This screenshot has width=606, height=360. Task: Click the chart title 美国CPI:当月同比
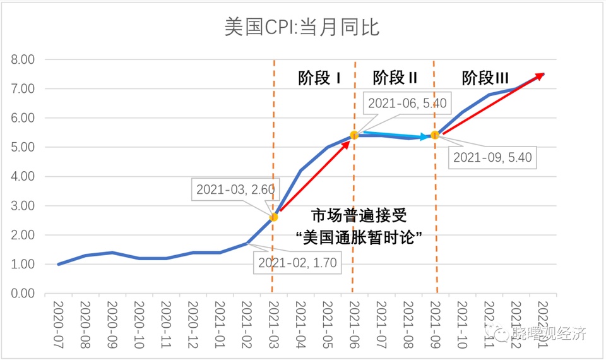point(302,27)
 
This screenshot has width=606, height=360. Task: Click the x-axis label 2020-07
point(58,321)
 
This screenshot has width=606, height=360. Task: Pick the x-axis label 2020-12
point(193,321)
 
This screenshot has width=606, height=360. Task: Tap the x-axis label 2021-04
point(300,321)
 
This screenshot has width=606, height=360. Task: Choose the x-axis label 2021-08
point(408,321)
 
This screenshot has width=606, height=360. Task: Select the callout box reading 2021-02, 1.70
point(297,262)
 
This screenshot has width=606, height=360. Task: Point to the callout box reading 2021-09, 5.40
point(493,157)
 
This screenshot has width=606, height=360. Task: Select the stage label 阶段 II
point(395,78)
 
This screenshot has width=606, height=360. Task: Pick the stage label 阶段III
point(485,78)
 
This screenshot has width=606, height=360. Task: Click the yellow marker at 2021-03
point(274,217)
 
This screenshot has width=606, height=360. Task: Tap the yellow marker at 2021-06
point(354,135)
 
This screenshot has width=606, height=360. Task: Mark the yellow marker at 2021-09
point(435,135)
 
